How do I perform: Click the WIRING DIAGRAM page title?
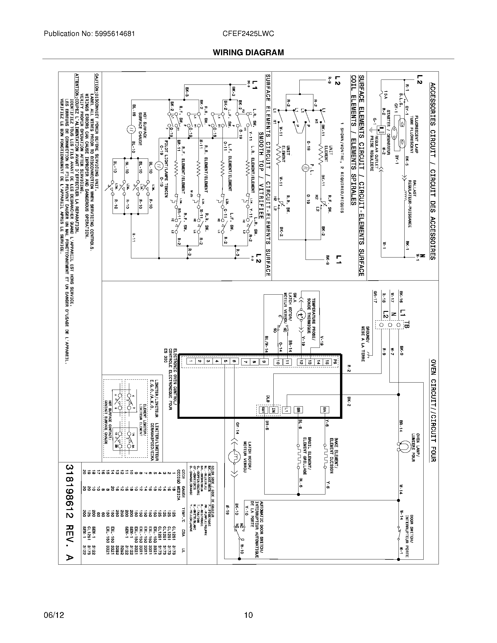pos(248,52)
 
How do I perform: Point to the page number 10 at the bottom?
pos(248,615)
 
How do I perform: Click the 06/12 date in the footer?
pos(54,615)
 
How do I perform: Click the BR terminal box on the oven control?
pos(298,409)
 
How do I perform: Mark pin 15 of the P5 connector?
pos(327,362)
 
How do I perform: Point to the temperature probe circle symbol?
pos(301,315)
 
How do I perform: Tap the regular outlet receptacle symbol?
pos(382,130)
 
